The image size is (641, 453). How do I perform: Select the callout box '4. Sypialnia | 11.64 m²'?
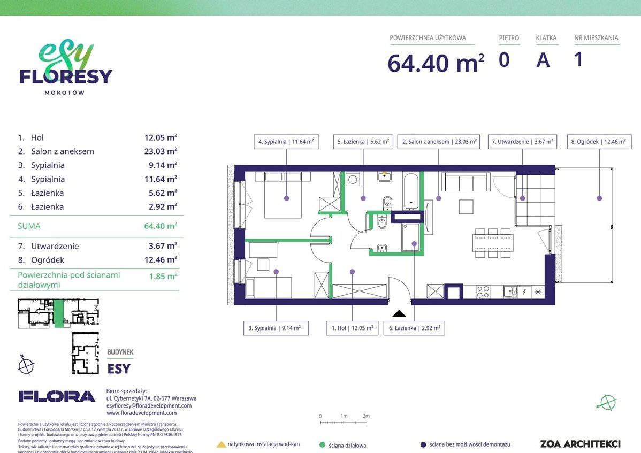tap(286, 142)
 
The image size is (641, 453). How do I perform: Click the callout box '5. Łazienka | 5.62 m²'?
tap(363, 142)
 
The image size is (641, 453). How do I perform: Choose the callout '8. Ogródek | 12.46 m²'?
tap(598, 142)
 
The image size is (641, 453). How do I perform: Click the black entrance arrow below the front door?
tap(399, 314)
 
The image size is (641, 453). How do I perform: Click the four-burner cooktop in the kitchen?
tap(483, 291)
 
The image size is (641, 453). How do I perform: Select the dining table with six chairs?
tap(493, 243)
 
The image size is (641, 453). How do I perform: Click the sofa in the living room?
tap(466, 182)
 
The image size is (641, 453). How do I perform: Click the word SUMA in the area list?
tap(29, 226)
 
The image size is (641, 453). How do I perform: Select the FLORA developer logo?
tap(57, 396)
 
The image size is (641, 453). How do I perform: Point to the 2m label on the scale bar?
tap(366, 416)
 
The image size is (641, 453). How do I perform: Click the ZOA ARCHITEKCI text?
tap(580, 444)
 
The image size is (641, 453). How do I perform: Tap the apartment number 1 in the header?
tap(578, 59)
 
